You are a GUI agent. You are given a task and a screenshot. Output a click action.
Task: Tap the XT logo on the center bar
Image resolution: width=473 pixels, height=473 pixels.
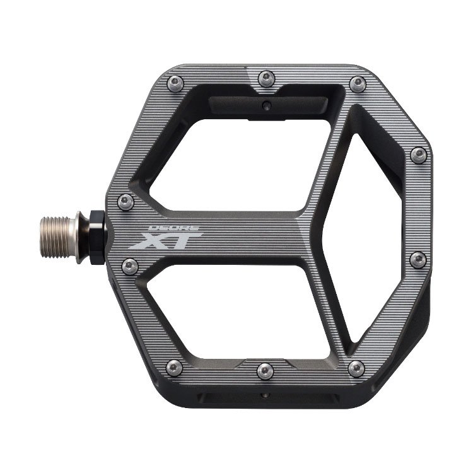166,240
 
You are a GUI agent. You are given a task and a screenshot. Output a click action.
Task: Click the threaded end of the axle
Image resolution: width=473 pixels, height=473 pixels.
55,237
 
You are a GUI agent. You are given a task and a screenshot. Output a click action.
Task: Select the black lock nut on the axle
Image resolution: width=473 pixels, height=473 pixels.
97,237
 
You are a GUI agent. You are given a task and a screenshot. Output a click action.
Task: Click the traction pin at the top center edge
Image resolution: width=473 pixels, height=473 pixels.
266,78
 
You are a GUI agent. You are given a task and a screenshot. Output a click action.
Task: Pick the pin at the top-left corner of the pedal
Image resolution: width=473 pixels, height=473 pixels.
175,83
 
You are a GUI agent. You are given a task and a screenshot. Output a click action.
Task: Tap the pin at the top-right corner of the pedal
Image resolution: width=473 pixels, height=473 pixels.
358,84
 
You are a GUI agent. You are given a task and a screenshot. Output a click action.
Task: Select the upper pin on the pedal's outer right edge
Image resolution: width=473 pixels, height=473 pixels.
419,155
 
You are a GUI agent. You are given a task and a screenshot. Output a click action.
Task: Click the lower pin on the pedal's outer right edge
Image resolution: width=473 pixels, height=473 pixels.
418,260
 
